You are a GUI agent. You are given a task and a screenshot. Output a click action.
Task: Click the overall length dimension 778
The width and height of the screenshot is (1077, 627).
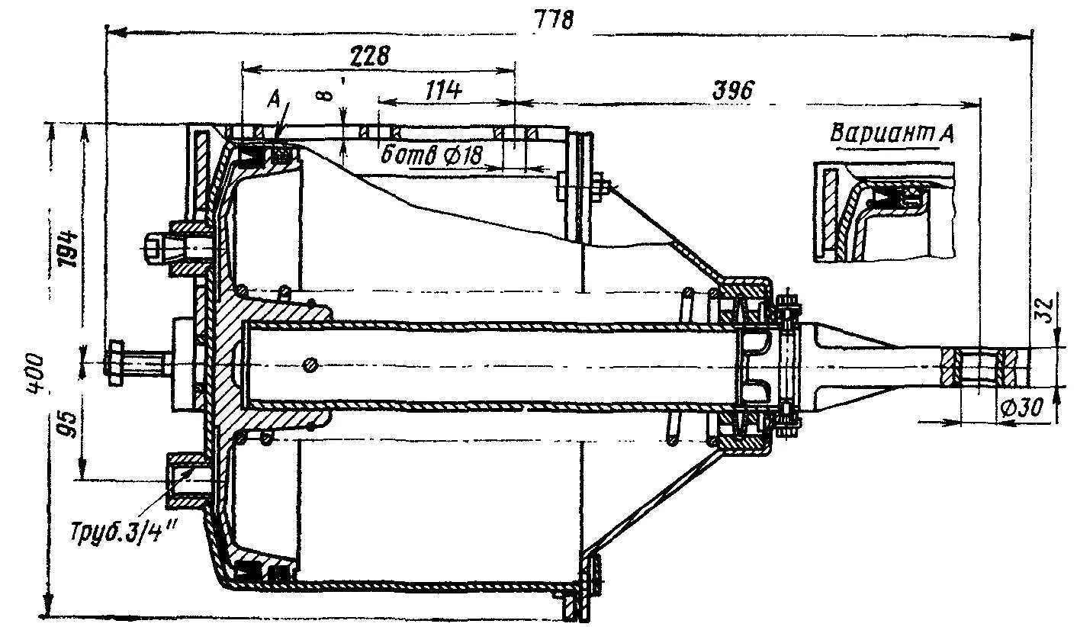558,20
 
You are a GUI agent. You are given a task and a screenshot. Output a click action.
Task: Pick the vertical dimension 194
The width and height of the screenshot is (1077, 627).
68,245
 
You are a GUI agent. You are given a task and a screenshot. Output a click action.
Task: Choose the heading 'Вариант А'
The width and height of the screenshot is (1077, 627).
893,133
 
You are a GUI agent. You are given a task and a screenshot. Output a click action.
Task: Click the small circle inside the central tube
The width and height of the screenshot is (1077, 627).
309,364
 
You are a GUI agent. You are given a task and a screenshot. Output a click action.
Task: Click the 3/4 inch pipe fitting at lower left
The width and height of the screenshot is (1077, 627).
185,480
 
